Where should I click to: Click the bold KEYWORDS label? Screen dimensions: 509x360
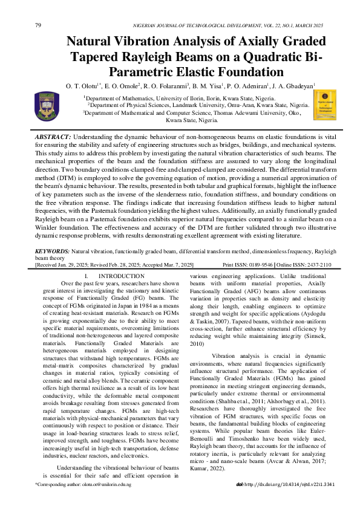click(53, 250)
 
